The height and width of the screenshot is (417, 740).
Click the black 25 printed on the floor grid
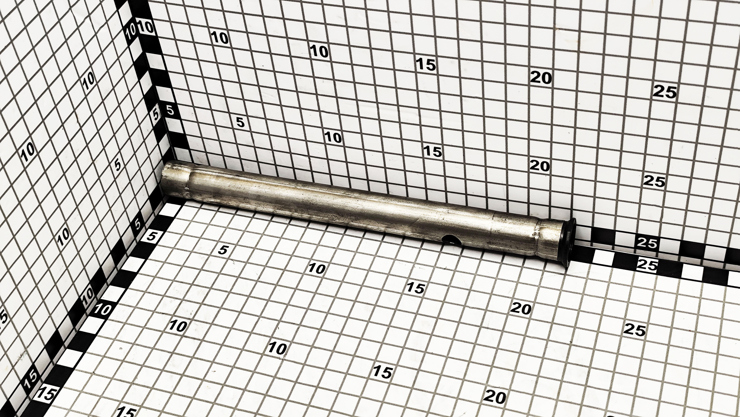click(635, 330)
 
